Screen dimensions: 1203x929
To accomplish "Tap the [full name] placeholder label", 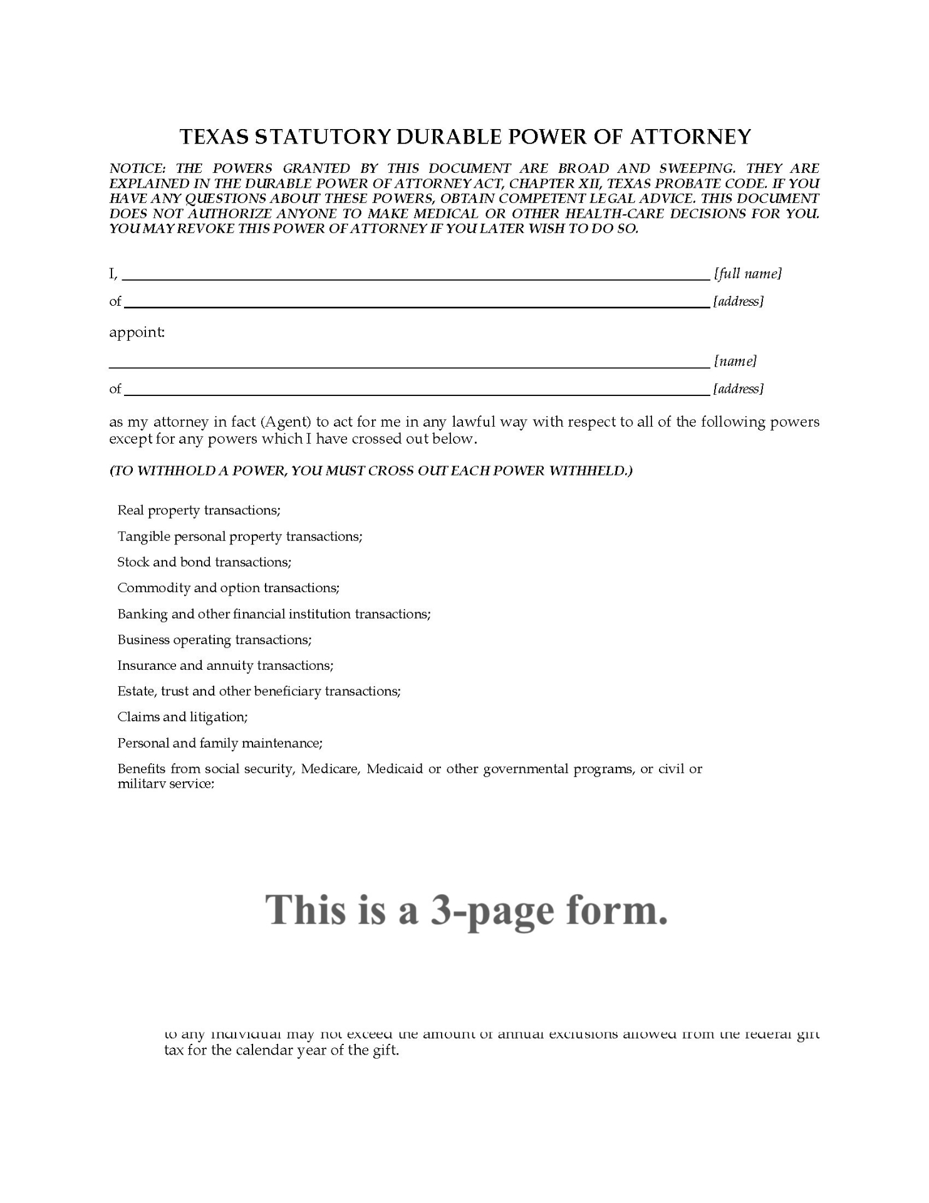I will point(747,274).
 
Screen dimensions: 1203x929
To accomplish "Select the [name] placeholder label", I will point(735,362).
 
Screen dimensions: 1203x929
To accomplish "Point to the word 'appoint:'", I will point(137,332).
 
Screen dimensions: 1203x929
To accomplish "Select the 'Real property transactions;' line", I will point(199,510).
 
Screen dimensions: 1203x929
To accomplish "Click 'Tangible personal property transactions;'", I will point(240,536).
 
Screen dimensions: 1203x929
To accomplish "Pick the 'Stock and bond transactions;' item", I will point(204,562).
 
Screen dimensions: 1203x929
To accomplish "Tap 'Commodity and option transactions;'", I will point(229,588).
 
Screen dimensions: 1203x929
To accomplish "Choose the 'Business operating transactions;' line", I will point(214,640).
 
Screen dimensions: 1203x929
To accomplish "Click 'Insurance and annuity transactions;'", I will point(226,665).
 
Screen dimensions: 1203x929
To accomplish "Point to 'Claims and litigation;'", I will point(182,717).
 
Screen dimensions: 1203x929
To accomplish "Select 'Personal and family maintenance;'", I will point(220,743).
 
